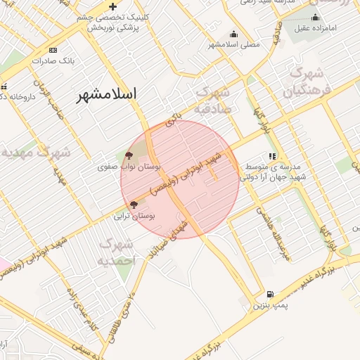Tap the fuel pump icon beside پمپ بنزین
(x=269, y=295)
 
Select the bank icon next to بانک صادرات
(x=53, y=51)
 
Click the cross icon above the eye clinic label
(x=112, y=6)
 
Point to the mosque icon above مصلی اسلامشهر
(x=233, y=34)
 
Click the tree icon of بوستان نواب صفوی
(x=129, y=155)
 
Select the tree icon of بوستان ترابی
(x=134, y=205)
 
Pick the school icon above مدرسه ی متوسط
(x=271, y=157)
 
